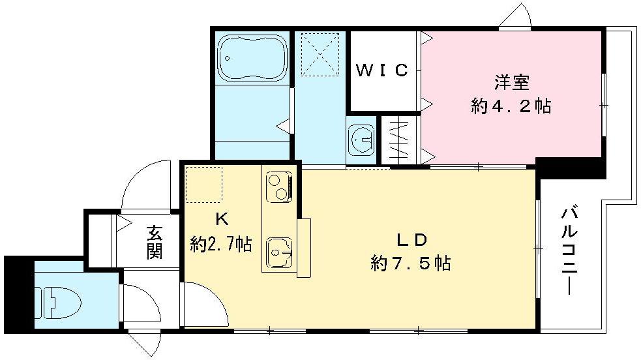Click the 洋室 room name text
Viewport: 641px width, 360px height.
[x=511, y=83]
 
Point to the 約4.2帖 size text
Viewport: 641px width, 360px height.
[x=511, y=106]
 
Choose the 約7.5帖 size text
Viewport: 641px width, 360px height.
[x=411, y=263]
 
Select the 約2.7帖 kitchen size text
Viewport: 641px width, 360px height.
[x=220, y=244]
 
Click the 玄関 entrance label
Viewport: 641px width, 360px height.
[x=154, y=241]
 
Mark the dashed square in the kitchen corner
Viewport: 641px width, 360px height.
[x=204, y=185]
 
